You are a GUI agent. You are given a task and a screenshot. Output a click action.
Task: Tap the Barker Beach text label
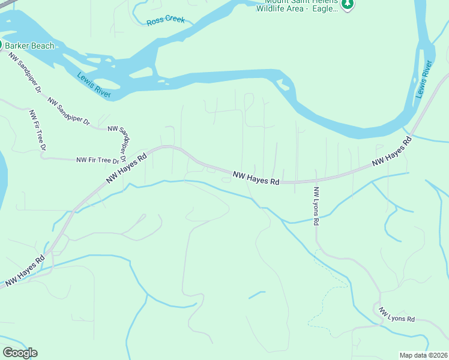(30, 46)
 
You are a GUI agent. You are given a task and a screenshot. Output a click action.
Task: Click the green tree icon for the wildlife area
(348, 4)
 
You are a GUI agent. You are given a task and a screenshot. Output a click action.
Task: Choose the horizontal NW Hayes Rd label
(256, 178)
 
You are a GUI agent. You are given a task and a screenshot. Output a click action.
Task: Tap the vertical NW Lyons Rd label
(316, 205)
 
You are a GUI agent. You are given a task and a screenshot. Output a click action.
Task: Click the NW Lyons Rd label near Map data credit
(396, 315)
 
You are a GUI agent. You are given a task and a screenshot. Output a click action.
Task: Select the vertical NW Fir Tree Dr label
(37, 130)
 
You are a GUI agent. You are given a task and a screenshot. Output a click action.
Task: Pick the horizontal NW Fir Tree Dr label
(98, 160)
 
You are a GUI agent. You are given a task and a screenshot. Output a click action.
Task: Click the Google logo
(20, 353)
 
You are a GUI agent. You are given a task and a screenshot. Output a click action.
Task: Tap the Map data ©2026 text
(423, 355)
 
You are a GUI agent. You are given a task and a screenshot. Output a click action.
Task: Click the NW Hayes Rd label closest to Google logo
(25, 271)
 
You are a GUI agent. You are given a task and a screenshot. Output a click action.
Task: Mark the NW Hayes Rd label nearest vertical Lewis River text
(391, 151)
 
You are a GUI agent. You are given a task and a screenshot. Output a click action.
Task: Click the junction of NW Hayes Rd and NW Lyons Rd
(313, 180)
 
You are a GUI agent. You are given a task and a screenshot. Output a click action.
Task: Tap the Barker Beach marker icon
(1, 45)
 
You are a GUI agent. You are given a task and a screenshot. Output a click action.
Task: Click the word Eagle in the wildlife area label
(324, 9)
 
